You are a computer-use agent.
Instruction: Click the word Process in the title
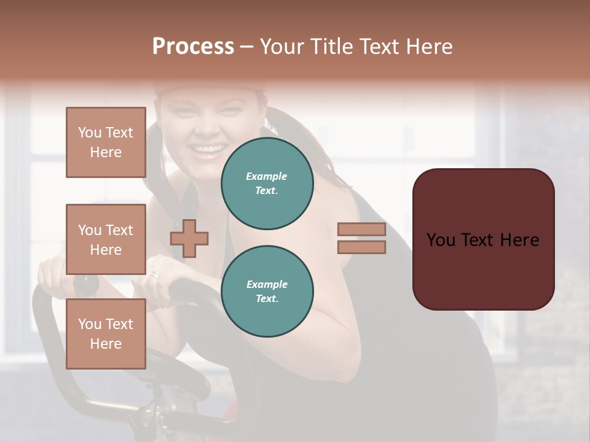(x=193, y=47)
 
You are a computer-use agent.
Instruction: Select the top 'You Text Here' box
(x=106, y=142)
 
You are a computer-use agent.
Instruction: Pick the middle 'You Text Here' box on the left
(x=106, y=239)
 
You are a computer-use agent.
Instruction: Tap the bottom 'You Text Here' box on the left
(x=106, y=334)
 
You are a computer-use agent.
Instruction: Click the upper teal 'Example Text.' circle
(x=267, y=183)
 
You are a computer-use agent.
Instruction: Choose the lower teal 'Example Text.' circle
(x=267, y=291)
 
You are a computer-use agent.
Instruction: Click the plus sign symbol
(x=189, y=238)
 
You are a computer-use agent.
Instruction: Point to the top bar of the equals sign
(x=361, y=229)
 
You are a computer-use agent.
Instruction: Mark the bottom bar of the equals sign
(x=361, y=247)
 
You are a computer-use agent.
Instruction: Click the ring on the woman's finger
(x=154, y=276)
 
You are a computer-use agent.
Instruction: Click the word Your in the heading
(x=281, y=47)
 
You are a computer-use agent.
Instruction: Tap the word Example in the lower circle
(x=267, y=284)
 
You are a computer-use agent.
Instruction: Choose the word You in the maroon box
(x=441, y=240)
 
